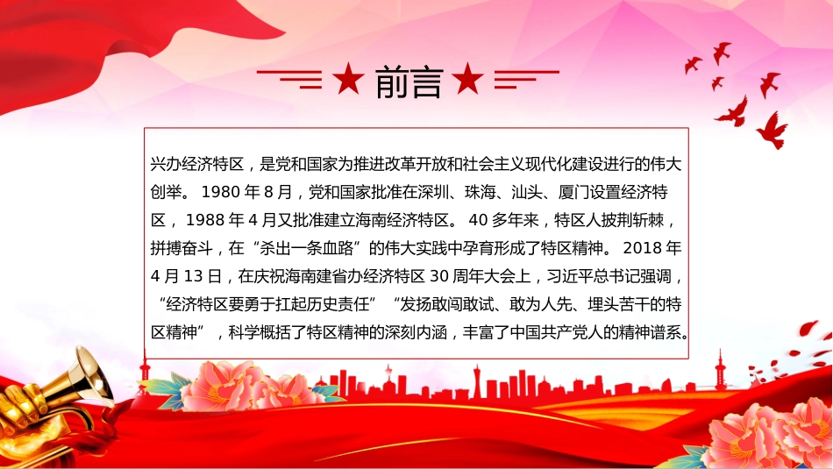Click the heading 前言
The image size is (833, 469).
click(x=409, y=82)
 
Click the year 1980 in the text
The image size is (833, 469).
click(x=220, y=192)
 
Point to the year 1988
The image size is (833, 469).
click(x=204, y=220)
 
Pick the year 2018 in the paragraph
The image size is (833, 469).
click(x=642, y=248)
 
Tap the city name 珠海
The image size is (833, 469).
click(x=481, y=192)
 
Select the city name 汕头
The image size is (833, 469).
click(x=527, y=192)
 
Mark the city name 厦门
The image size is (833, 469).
click(x=573, y=192)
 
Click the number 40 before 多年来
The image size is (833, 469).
click(x=478, y=220)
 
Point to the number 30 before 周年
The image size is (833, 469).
click(x=439, y=276)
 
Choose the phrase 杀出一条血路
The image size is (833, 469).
click(x=307, y=248)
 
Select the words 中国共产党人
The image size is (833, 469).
click(x=556, y=332)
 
